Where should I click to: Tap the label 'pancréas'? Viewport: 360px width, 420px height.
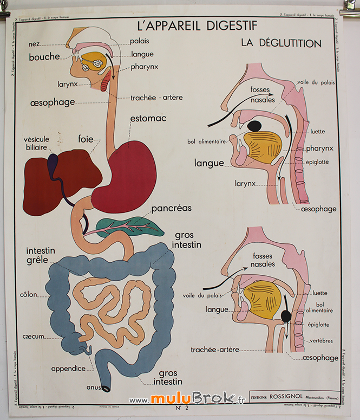click(x=171, y=208)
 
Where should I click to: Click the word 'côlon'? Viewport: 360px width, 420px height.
click(x=28, y=295)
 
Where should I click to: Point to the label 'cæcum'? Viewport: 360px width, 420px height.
click(x=33, y=336)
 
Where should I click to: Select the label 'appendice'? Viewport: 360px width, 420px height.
click(x=68, y=369)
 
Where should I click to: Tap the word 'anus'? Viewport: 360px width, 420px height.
click(x=94, y=387)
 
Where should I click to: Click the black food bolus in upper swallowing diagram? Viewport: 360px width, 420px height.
click(x=254, y=126)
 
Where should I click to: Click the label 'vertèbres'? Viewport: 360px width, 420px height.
click(x=322, y=340)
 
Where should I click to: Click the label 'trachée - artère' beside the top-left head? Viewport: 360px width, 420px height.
click(x=156, y=98)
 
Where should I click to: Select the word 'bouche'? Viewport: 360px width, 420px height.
click(x=44, y=57)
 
